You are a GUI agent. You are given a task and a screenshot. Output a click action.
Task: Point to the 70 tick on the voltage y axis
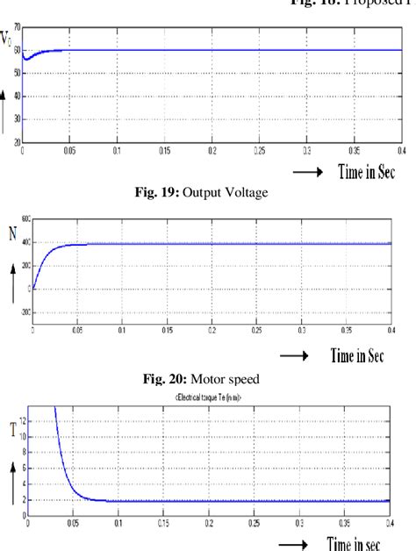(x=17, y=28)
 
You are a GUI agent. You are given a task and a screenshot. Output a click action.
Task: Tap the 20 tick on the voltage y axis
(x=17, y=140)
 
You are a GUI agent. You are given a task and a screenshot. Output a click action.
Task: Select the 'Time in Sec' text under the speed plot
(x=358, y=356)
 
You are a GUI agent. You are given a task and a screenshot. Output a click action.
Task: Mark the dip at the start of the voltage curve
(x=26, y=59)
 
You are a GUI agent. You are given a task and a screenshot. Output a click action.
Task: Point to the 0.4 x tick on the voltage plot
(x=400, y=150)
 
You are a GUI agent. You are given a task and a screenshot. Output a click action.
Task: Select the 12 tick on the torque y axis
(x=22, y=422)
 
